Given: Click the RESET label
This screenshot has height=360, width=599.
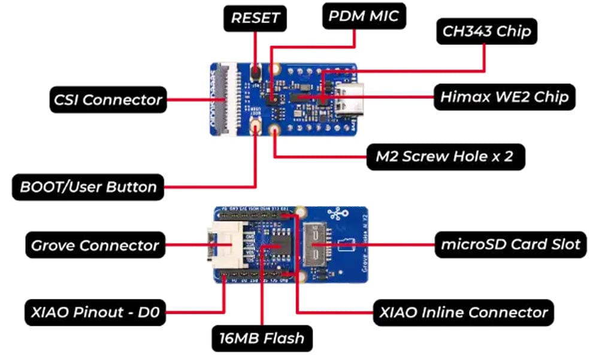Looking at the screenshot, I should tap(256, 18).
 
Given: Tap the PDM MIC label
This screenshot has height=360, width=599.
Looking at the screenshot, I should tap(364, 16).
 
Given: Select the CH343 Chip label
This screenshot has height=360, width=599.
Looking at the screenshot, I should tap(486, 31).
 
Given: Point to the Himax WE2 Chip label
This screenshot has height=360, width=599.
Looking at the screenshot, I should tap(504, 96).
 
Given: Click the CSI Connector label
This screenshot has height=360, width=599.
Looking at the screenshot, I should tap(107, 99).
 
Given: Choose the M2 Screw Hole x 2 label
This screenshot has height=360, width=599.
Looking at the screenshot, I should tap(447, 157).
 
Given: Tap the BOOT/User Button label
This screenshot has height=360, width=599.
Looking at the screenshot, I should tap(88, 187).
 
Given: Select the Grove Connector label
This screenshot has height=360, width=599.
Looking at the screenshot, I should tap(95, 245).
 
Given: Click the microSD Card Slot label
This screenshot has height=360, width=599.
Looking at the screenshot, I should tap(510, 244).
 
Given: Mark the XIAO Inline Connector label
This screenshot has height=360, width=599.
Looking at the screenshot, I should tap(463, 313).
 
